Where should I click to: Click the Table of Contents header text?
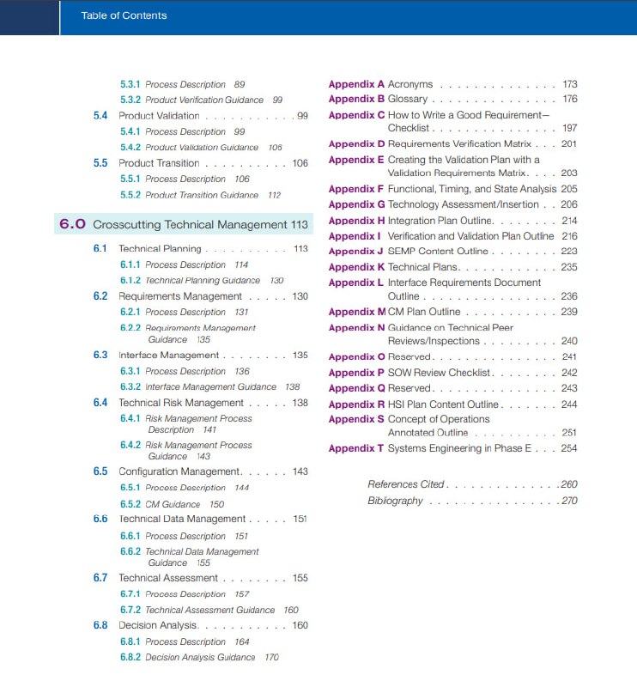pos(124,15)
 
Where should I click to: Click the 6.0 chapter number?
pos(72,225)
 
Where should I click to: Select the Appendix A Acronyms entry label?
pos(356,84)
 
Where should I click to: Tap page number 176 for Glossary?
pos(569,100)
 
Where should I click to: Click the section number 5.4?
pos(100,116)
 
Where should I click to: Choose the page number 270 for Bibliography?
pos(569,501)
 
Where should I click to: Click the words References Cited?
pos(406,484)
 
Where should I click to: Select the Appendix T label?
pos(356,448)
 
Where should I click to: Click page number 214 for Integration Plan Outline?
pos(569,221)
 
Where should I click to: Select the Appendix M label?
pos(357,312)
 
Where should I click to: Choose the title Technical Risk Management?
pos(181,403)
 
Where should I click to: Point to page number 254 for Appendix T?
pos(569,448)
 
